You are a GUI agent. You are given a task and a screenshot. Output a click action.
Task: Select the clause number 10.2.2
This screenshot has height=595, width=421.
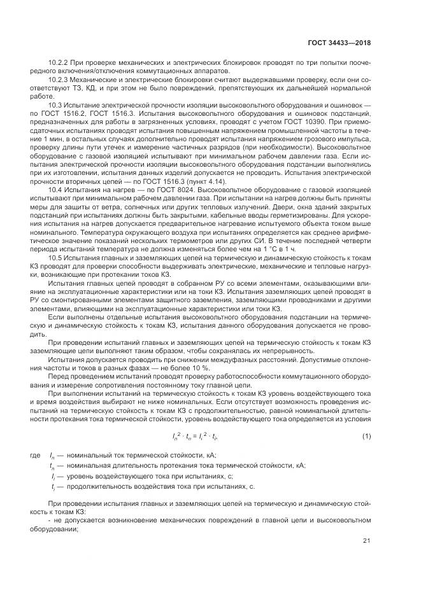(59, 64)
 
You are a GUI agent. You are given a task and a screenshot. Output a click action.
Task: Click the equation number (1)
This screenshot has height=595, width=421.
(366, 437)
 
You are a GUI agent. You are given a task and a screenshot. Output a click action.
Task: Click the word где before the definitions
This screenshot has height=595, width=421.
(36, 456)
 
